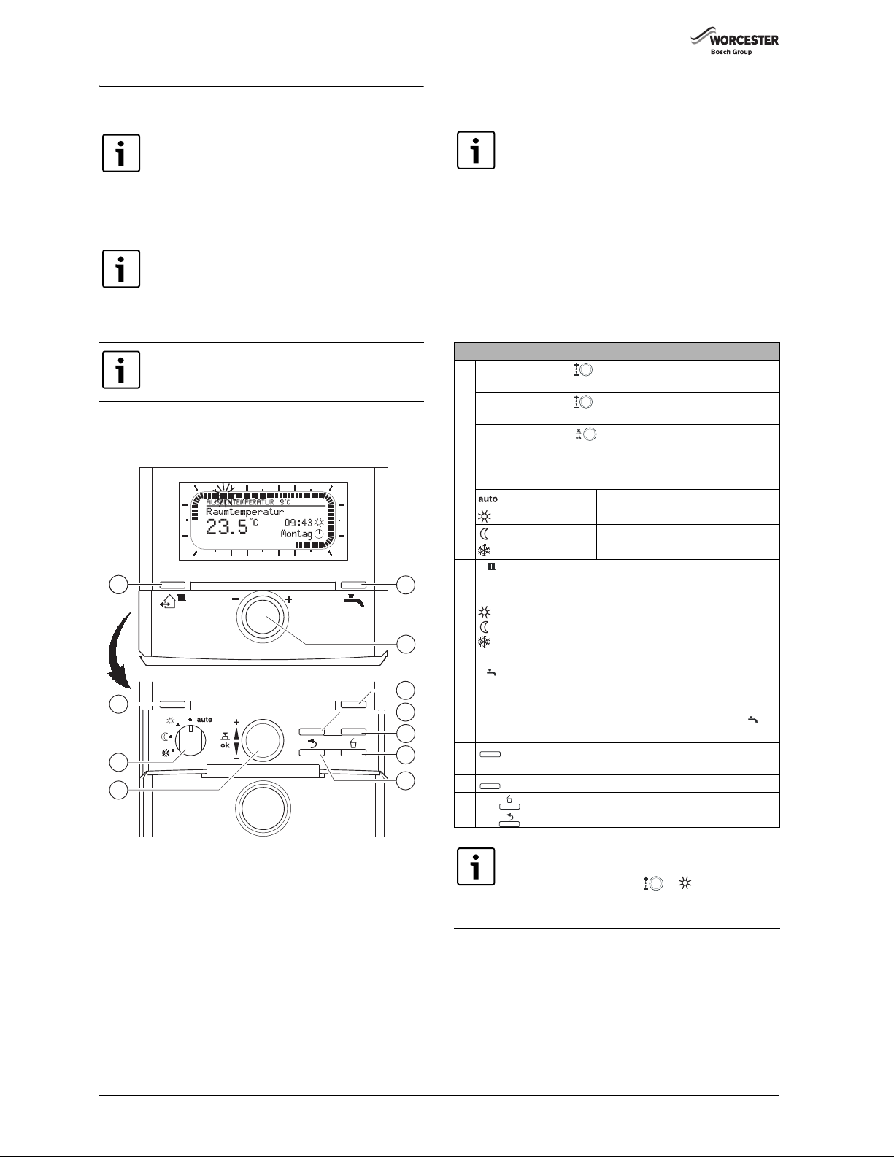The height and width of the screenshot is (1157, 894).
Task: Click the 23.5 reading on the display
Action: click(x=226, y=528)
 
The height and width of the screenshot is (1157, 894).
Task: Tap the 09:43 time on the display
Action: click(x=298, y=523)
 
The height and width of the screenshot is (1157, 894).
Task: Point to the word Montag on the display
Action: click(x=297, y=534)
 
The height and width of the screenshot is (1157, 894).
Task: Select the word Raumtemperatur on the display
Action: click(x=244, y=512)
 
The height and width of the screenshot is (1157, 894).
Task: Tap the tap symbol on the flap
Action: click(x=355, y=601)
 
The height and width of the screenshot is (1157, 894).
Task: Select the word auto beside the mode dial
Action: click(x=204, y=720)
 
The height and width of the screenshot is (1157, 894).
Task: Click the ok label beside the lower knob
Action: click(x=225, y=745)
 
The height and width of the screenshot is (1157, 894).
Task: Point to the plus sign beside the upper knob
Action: click(x=289, y=599)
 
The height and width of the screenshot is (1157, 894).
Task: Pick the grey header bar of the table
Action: click(x=617, y=350)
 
